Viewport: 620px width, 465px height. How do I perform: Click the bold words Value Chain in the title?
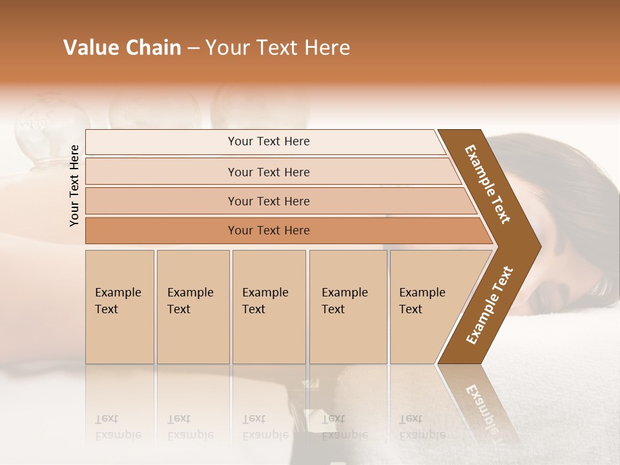click(x=122, y=48)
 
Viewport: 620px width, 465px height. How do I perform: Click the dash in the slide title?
click(x=193, y=48)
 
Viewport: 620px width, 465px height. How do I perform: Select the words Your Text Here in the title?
click(x=278, y=48)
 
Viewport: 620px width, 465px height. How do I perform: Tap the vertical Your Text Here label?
click(x=74, y=185)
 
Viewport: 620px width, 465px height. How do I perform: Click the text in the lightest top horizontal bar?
click(x=269, y=141)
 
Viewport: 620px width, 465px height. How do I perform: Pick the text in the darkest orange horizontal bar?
click(x=269, y=231)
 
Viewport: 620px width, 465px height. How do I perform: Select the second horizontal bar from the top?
click(x=269, y=172)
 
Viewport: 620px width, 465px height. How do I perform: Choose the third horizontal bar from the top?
click(x=269, y=201)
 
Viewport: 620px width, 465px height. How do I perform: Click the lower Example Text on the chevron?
click(x=490, y=305)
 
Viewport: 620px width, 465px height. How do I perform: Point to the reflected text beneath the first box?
click(x=118, y=427)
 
